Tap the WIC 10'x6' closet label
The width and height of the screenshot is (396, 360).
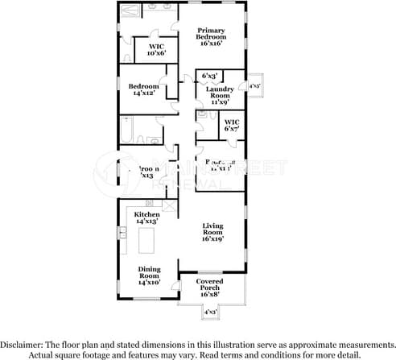coord(156,50)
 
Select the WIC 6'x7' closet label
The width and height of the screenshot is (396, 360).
coord(232,125)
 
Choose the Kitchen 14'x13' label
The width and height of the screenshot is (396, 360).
coord(147,217)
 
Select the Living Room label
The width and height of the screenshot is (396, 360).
coord(212,232)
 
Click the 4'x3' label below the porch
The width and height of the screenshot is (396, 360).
coord(211,311)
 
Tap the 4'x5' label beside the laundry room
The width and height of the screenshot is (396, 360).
coord(254,85)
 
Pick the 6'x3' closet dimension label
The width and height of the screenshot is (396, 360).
coord(209,76)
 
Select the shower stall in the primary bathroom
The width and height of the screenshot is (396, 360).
coord(131,11)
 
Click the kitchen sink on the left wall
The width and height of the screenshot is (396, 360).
coord(124,233)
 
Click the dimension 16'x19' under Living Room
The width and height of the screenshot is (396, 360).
coord(212,238)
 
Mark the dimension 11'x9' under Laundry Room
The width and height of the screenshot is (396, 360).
coord(220,102)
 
